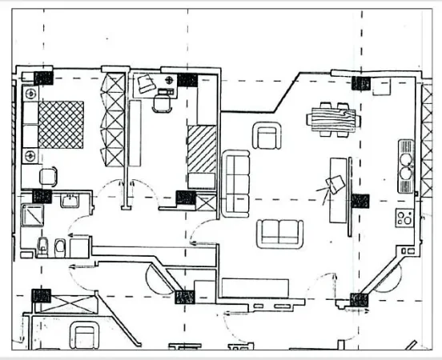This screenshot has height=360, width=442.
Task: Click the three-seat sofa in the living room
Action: click(236, 183)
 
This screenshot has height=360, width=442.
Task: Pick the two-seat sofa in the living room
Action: click(280, 233)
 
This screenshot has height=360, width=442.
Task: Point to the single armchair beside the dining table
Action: click(267, 136)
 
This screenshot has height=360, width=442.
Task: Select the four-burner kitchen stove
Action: click(404, 217)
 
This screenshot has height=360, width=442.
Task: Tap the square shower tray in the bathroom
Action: click(36, 216)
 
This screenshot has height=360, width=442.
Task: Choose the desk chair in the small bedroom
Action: click(163, 102)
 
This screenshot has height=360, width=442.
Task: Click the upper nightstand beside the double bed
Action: click(31, 94)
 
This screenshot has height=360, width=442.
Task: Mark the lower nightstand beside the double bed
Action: click(31, 154)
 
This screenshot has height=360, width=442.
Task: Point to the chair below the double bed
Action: click(50, 176)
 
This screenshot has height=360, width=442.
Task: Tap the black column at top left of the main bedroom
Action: click(43, 78)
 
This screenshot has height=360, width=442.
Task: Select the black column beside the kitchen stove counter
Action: click(360, 201)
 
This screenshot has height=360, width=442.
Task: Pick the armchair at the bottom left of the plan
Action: click(83, 334)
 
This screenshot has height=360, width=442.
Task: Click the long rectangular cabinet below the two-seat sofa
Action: click(255, 286)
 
